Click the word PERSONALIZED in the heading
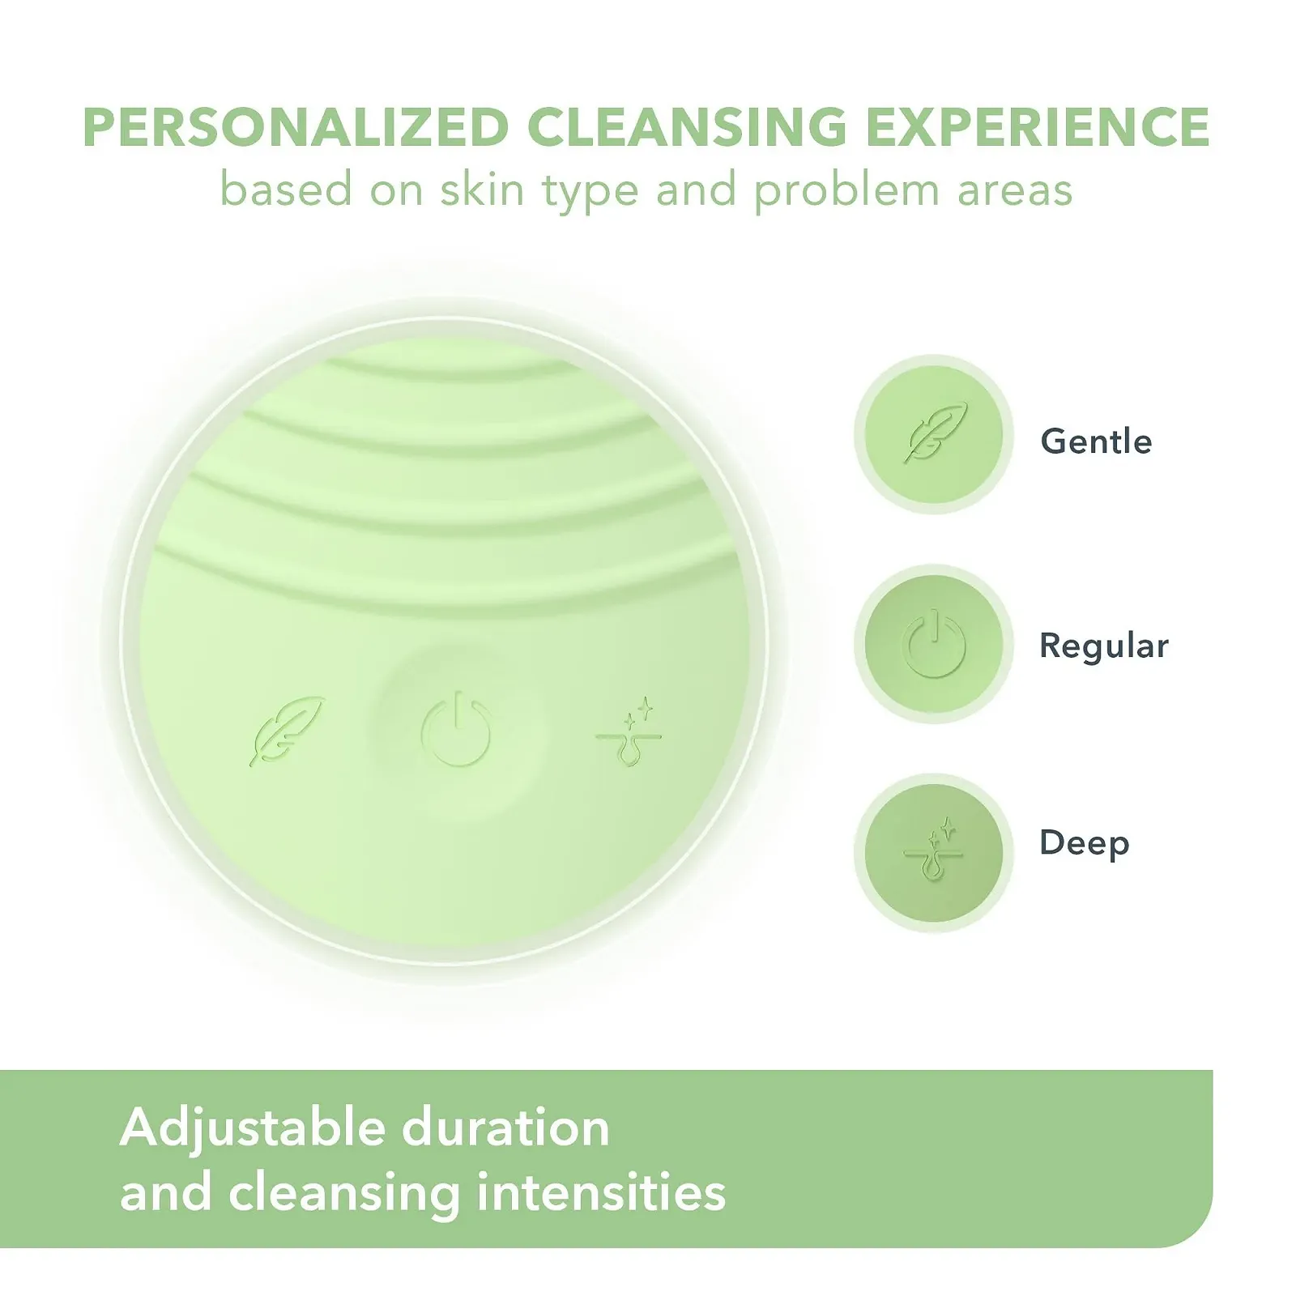point(296,127)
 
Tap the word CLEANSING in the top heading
point(687,127)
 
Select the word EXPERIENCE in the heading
point(1038,127)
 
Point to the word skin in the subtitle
point(482,190)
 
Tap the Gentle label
point(1096,441)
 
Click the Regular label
point(1104,646)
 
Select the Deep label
point(1085,844)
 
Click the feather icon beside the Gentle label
point(936,433)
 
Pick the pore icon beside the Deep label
point(934,850)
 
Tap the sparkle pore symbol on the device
point(629,731)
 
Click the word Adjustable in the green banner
point(252,1129)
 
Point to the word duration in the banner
point(506,1128)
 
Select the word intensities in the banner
point(601,1193)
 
